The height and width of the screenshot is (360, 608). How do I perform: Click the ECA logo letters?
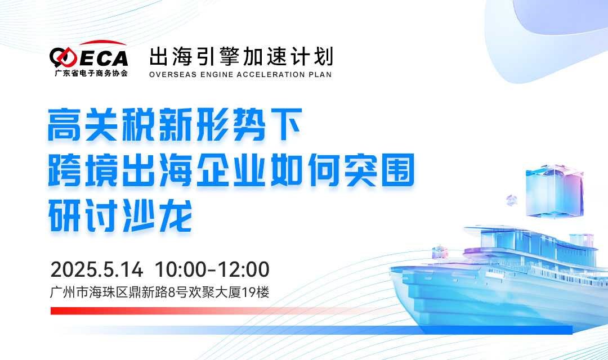click(104, 58)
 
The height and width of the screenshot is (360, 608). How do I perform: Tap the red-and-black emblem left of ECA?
click(63, 57)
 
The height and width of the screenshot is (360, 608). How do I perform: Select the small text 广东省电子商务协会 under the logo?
click(91, 73)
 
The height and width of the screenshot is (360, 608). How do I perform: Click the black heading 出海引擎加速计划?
click(241, 57)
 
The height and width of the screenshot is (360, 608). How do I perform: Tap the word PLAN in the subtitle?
click(320, 74)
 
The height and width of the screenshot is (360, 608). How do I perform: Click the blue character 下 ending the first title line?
click(286, 125)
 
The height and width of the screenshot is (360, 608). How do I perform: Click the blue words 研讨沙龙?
click(120, 215)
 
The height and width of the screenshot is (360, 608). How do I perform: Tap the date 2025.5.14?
click(97, 269)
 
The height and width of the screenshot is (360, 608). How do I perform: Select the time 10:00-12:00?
click(212, 269)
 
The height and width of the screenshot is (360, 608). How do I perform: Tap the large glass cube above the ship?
click(555, 191)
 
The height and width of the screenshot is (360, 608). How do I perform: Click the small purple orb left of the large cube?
click(511, 200)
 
